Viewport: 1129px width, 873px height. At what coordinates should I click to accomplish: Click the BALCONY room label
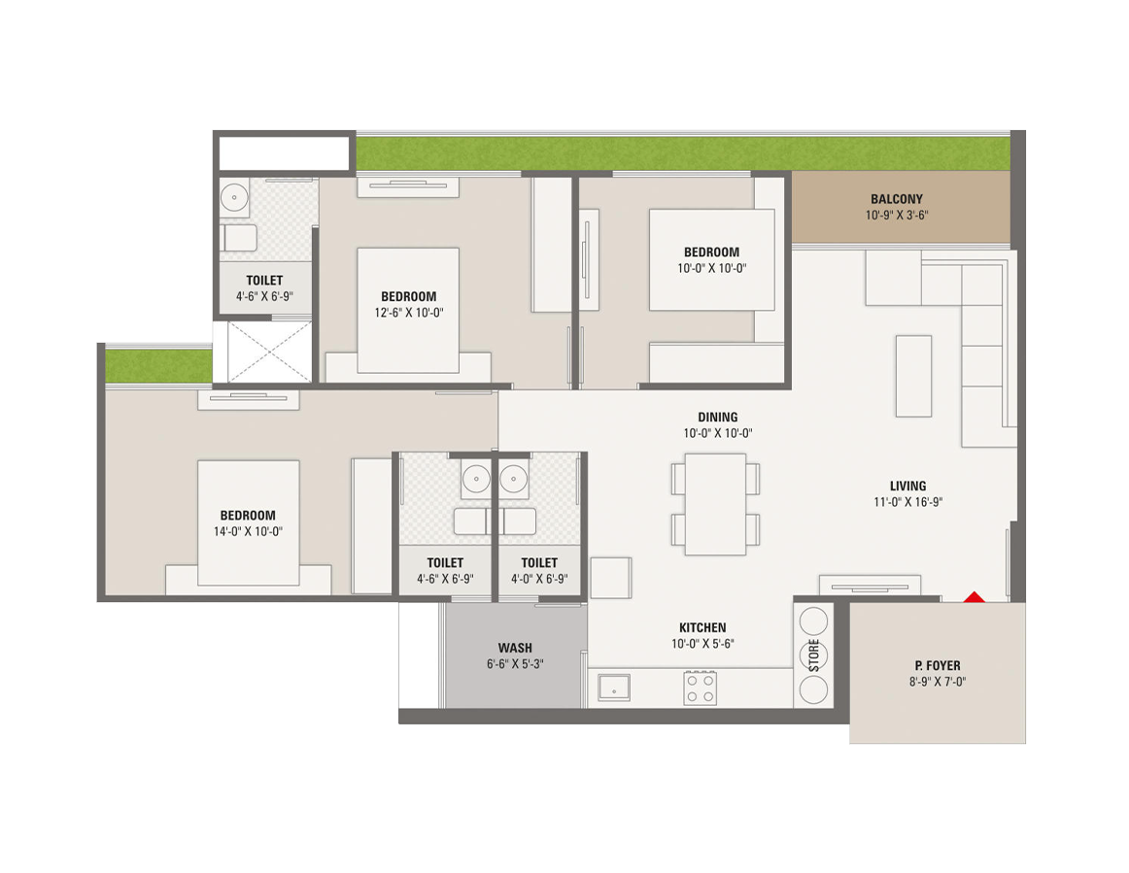tap(896, 200)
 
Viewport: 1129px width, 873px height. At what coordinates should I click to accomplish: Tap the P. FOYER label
tap(937, 666)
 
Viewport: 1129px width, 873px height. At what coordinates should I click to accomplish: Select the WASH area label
tap(514, 649)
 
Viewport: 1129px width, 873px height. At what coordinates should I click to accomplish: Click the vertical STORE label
tap(813, 655)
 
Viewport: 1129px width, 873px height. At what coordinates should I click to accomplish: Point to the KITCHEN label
tap(702, 628)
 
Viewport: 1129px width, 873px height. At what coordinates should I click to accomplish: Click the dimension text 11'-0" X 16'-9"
tap(907, 502)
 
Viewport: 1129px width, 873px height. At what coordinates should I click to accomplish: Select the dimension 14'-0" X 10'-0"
tap(247, 531)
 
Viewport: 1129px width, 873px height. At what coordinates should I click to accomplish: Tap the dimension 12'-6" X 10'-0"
tap(408, 313)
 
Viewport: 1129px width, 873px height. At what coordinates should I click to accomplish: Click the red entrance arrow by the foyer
tap(974, 596)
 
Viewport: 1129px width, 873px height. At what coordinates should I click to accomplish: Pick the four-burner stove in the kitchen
tap(700, 688)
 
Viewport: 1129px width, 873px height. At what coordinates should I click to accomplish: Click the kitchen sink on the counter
tap(613, 688)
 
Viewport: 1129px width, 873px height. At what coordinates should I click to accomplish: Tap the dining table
tap(715, 504)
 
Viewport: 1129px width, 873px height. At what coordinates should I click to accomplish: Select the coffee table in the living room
tap(913, 376)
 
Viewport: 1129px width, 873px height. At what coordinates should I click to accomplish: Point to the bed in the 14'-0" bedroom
tap(249, 522)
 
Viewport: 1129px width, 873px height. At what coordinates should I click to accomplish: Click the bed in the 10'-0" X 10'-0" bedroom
tap(711, 259)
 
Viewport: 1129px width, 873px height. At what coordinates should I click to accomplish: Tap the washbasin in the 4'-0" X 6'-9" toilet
tap(513, 479)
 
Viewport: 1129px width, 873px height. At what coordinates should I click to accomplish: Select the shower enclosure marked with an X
tap(269, 352)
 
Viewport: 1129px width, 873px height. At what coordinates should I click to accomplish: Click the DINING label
tap(717, 418)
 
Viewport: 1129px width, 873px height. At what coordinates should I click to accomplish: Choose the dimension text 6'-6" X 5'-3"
tap(514, 664)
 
